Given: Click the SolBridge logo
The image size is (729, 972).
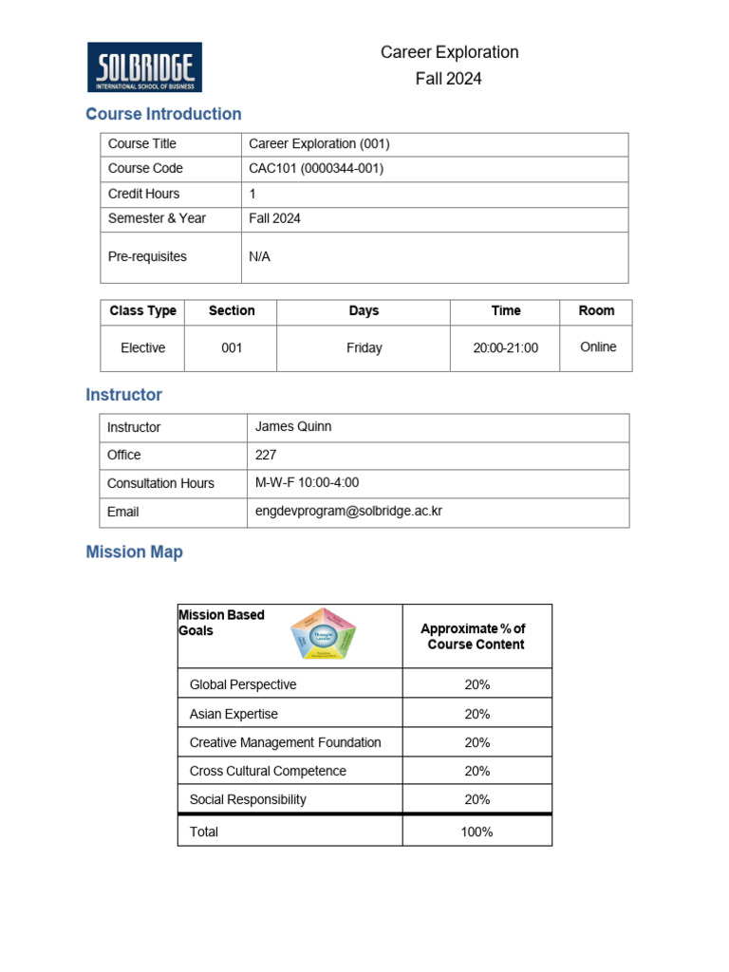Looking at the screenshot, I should [144, 67].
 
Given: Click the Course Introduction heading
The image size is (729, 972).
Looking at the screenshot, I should [163, 114].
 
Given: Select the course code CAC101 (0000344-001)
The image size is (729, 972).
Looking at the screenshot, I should [316, 168].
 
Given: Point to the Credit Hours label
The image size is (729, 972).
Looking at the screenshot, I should [143, 194].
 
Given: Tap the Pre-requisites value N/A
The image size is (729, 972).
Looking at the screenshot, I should [259, 256].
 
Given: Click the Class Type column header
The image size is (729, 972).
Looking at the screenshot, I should [142, 310].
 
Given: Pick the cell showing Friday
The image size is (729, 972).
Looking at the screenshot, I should [364, 348].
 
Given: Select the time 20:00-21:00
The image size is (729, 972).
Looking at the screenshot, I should [505, 348].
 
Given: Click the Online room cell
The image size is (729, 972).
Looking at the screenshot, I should [598, 347].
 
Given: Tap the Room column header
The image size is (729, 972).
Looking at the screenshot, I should [596, 310].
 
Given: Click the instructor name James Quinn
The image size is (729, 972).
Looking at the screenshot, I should [293, 426].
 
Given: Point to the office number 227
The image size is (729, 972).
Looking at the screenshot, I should [266, 455].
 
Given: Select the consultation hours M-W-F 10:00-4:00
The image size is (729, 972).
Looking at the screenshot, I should [308, 482].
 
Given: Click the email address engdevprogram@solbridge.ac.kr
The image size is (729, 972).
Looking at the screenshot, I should [348, 511].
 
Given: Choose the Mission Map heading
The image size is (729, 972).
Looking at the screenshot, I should [134, 551].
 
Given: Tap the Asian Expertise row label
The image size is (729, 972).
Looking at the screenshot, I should [234, 714].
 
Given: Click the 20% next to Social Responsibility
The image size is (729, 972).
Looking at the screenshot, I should [477, 799].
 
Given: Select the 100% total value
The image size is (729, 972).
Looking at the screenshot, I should [477, 832].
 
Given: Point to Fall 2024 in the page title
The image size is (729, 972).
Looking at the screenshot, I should [448, 79].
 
